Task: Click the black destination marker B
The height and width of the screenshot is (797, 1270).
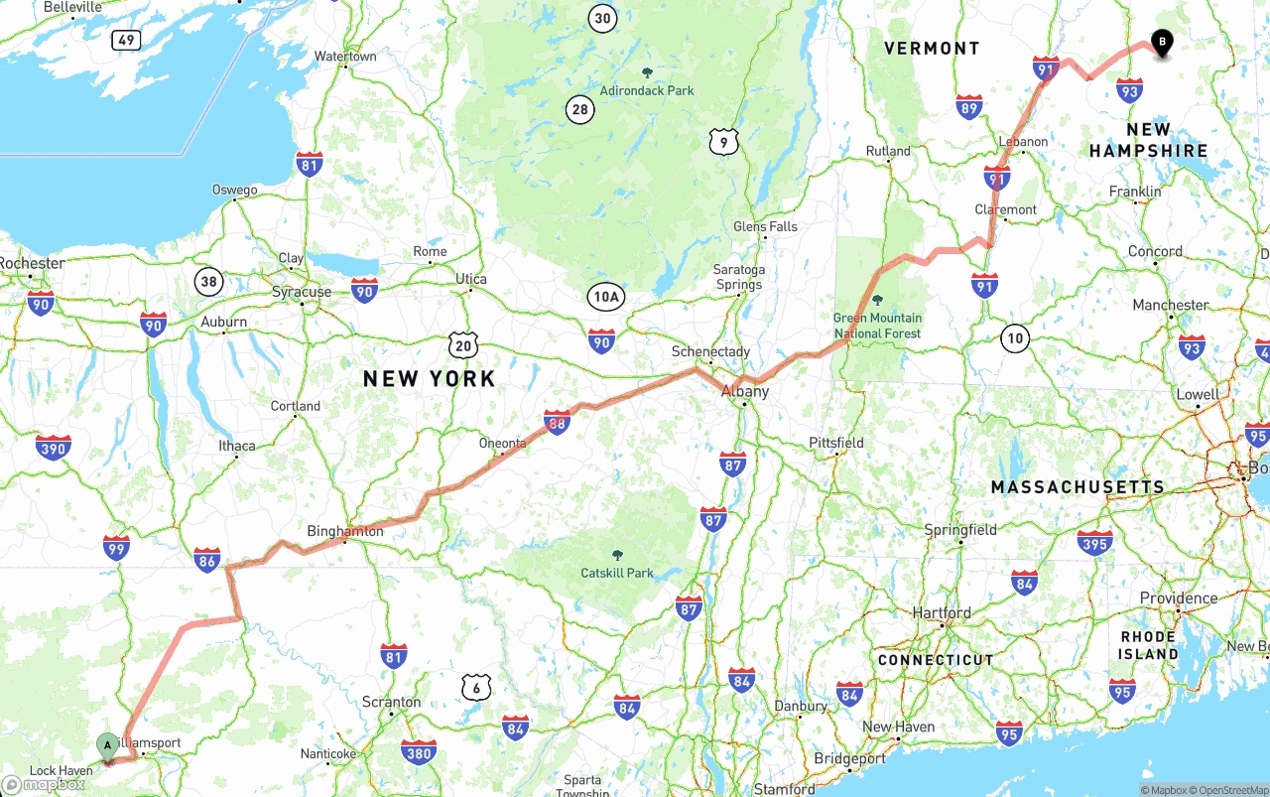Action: click(1161, 42)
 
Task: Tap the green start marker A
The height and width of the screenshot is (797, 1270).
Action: click(107, 745)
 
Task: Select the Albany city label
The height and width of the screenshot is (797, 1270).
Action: click(745, 391)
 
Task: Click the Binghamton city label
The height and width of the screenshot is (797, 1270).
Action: click(344, 531)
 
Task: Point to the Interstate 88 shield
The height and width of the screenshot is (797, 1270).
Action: click(558, 422)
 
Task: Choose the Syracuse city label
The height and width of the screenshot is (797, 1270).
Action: click(302, 292)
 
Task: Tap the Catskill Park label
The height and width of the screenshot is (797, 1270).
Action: click(617, 573)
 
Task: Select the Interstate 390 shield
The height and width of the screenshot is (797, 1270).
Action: click(53, 448)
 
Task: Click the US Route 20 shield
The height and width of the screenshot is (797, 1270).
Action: click(462, 345)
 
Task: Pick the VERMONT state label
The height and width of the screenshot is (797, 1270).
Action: click(932, 48)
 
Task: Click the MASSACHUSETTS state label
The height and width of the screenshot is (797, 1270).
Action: click(1078, 487)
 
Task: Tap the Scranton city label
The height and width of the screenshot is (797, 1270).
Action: click(391, 702)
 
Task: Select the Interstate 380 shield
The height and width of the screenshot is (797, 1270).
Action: click(419, 752)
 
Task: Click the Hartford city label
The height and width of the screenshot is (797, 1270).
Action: click(942, 612)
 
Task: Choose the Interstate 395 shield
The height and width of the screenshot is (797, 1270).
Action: click(1095, 542)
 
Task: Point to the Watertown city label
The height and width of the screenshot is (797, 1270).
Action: click(345, 57)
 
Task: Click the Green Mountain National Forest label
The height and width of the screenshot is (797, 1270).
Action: click(877, 326)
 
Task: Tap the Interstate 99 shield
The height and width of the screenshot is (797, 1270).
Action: click(116, 547)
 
